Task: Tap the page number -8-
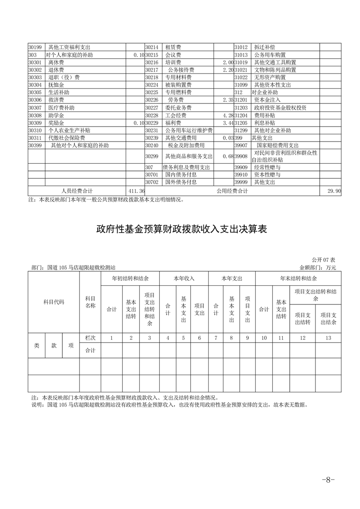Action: pos(327,480)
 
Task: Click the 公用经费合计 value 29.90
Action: pos(334,191)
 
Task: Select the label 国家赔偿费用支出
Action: pos(277,146)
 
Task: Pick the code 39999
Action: pos(241,182)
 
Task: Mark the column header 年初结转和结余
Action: pos(130,278)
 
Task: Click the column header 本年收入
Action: pos(184,278)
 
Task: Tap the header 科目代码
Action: pos(54,302)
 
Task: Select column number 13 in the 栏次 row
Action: pos(328,338)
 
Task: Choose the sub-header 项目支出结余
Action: pos(328,318)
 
